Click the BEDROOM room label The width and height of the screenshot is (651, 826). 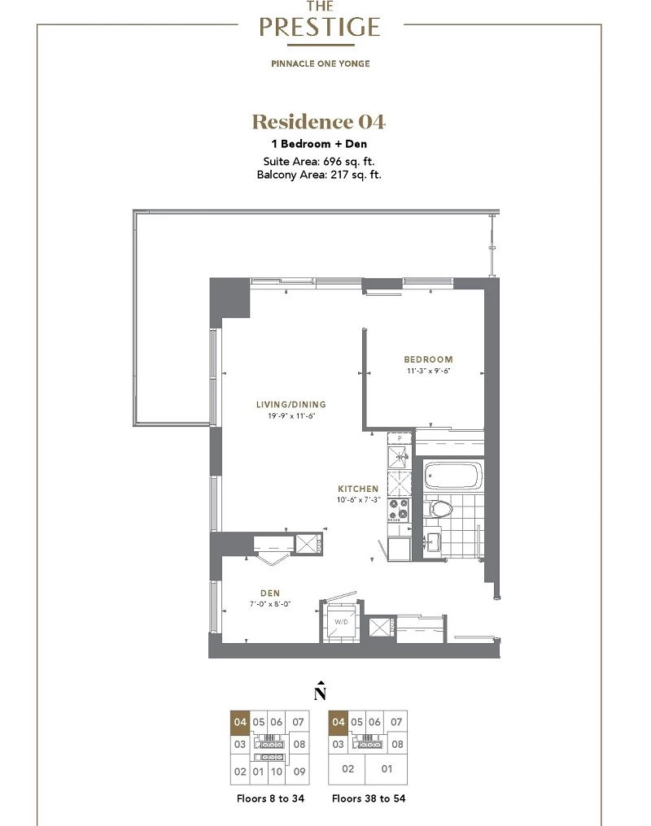pos(428,359)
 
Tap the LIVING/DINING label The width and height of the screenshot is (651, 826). pos(291,405)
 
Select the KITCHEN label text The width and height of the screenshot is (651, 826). pos(358,489)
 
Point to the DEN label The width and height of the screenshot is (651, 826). pos(270,593)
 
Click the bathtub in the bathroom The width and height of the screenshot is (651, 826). pos(453,476)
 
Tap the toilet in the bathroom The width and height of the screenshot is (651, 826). pos(438,510)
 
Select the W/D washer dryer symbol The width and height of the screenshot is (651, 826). pos(341,622)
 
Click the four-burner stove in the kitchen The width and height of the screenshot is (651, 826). pos(399,510)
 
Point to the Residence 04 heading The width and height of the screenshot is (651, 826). pos(319,122)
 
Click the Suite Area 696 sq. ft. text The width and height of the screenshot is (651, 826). pos(319,162)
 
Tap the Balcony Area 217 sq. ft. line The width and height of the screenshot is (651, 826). pos(319,175)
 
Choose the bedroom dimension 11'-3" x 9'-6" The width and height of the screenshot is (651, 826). pos(428,371)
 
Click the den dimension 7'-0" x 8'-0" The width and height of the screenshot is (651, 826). pos(270,604)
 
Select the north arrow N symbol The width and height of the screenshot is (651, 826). pos(320,692)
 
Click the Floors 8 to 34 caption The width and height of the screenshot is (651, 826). pos(270,798)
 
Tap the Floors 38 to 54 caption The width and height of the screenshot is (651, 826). pos(369,798)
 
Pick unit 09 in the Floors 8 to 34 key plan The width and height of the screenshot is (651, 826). pos(299,772)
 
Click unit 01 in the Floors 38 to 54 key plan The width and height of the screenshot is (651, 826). pos(387,769)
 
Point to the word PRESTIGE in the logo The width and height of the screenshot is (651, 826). pos(320,27)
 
